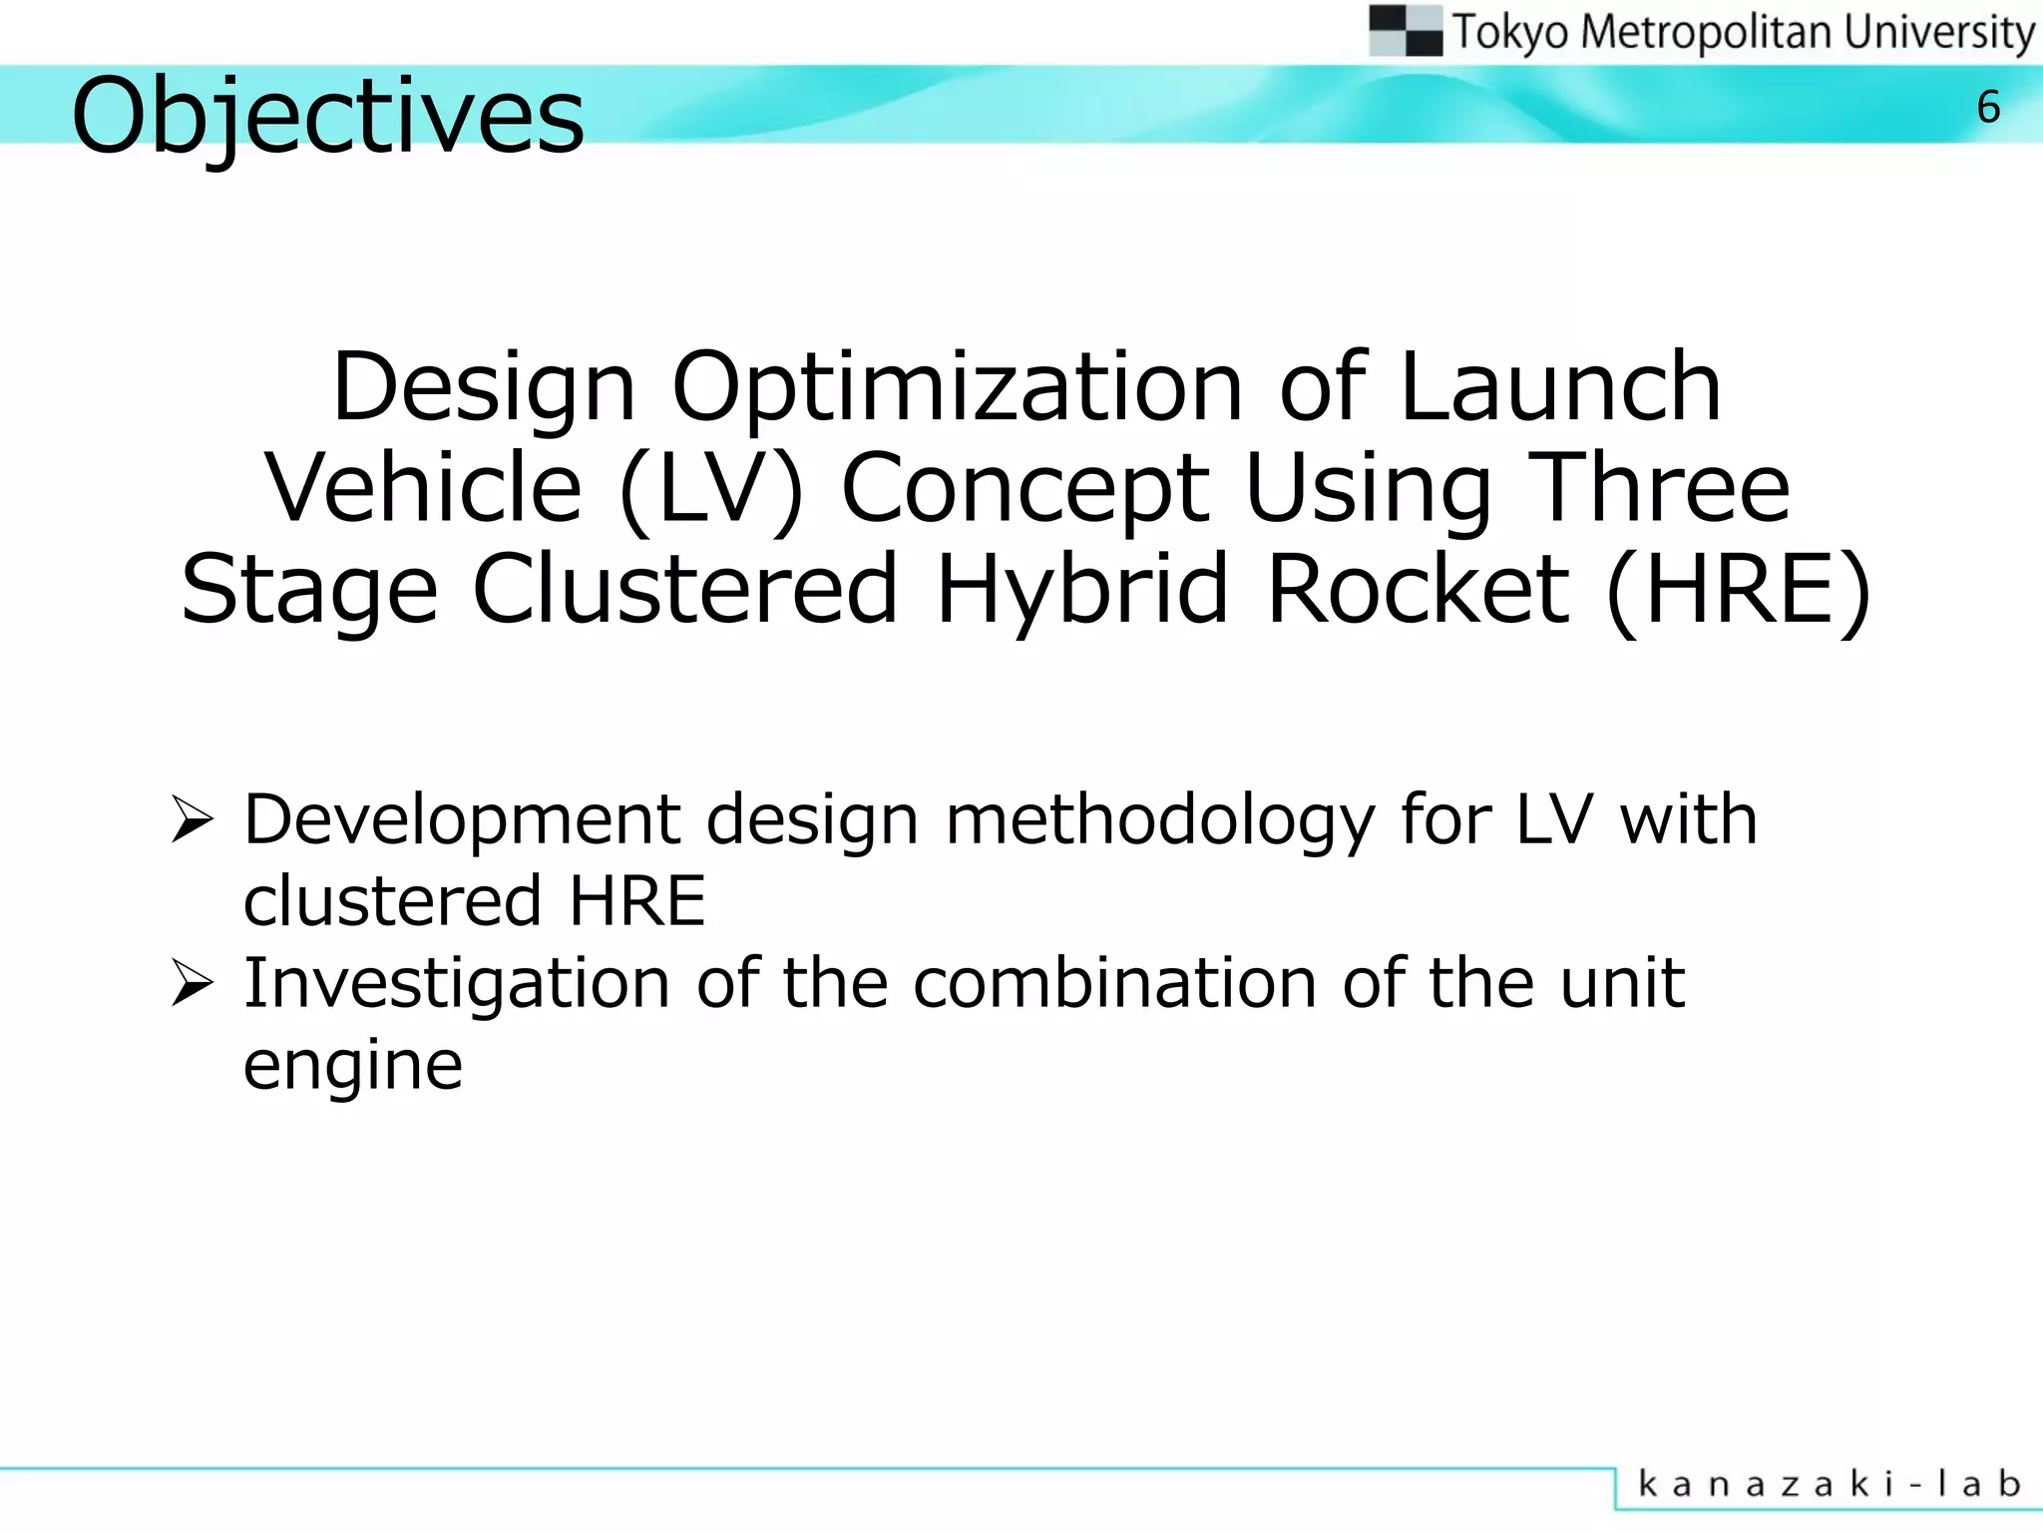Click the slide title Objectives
[327, 116]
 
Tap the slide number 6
[1988, 108]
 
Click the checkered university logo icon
[1406, 31]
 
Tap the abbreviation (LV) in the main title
[710, 489]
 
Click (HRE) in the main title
[1739, 591]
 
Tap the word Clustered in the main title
[685, 591]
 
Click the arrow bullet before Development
[192, 819]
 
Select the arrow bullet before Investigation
[192, 983]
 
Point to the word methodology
[1160, 820]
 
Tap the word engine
[353, 1067]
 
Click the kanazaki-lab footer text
[1829, 1484]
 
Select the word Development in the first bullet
[462, 820]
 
